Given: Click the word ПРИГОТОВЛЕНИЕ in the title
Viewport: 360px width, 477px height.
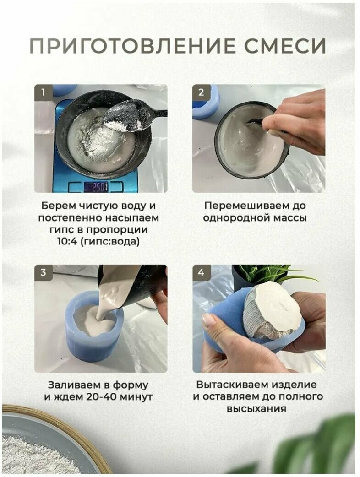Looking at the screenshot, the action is pyautogui.click(x=132, y=47).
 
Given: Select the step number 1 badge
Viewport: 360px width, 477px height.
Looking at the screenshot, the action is pyautogui.click(x=43, y=92).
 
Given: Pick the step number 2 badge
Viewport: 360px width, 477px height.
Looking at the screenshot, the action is pyautogui.click(x=201, y=92).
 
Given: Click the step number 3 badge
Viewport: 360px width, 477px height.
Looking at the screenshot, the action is pyautogui.click(x=43, y=272).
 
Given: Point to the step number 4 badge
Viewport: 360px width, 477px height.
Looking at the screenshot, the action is pyautogui.click(x=201, y=272).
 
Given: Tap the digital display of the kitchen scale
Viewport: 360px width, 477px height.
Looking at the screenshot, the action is pyautogui.click(x=96, y=187).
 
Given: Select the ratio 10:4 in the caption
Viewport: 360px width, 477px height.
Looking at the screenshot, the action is pyautogui.click(x=67, y=242).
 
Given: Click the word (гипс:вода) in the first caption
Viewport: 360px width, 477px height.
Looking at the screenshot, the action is pyautogui.click(x=110, y=242).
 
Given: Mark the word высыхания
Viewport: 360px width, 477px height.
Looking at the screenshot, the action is pyautogui.click(x=256, y=408).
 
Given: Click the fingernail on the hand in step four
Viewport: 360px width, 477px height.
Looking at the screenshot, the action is pyautogui.click(x=209, y=321).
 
